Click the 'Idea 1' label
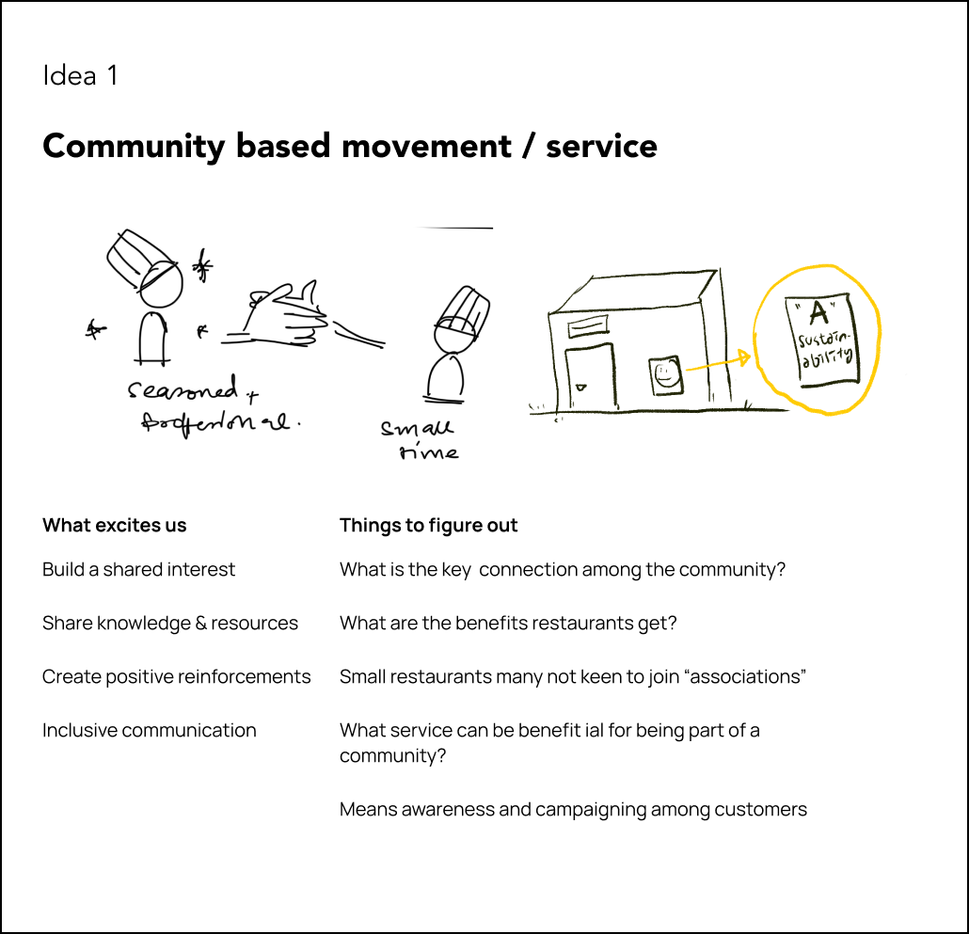[80, 76]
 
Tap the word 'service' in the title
[601, 147]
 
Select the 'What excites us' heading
[115, 526]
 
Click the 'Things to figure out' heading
[428, 526]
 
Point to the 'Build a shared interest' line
[138, 570]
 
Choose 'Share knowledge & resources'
[170, 624]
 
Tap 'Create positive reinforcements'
[176, 677]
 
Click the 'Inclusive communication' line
[149, 731]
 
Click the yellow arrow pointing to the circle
[719, 363]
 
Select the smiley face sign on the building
[664, 379]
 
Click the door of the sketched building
[588, 375]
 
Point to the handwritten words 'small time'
[419, 439]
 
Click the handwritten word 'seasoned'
[183, 390]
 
